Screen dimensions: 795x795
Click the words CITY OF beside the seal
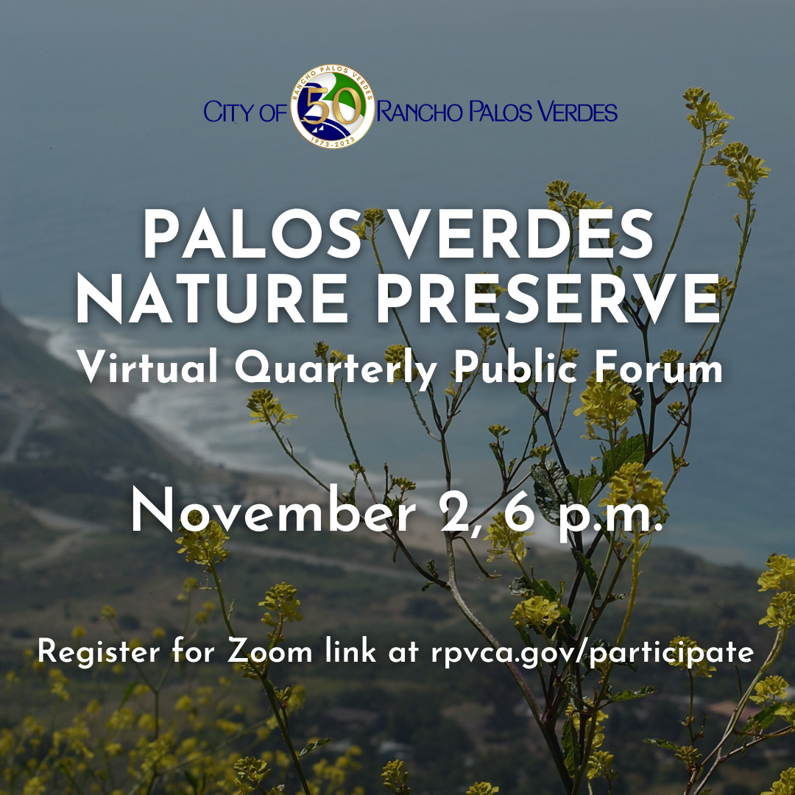tap(246, 113)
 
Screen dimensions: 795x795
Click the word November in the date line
tap(273, 513)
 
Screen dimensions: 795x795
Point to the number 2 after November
tap(449, 513)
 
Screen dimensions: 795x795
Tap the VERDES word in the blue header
tap(573, 113)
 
